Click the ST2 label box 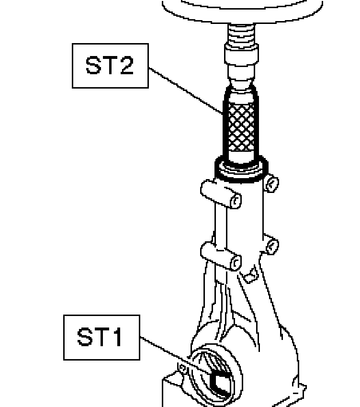tap(110, 66)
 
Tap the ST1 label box tap(101, 337)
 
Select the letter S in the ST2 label tap(93, 66)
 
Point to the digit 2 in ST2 tap(125, 66)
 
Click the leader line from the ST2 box tap(187, 91)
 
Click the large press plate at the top tap(242, 10)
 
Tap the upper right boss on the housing tap(271, 183)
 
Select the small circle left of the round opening tap(182, 367)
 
